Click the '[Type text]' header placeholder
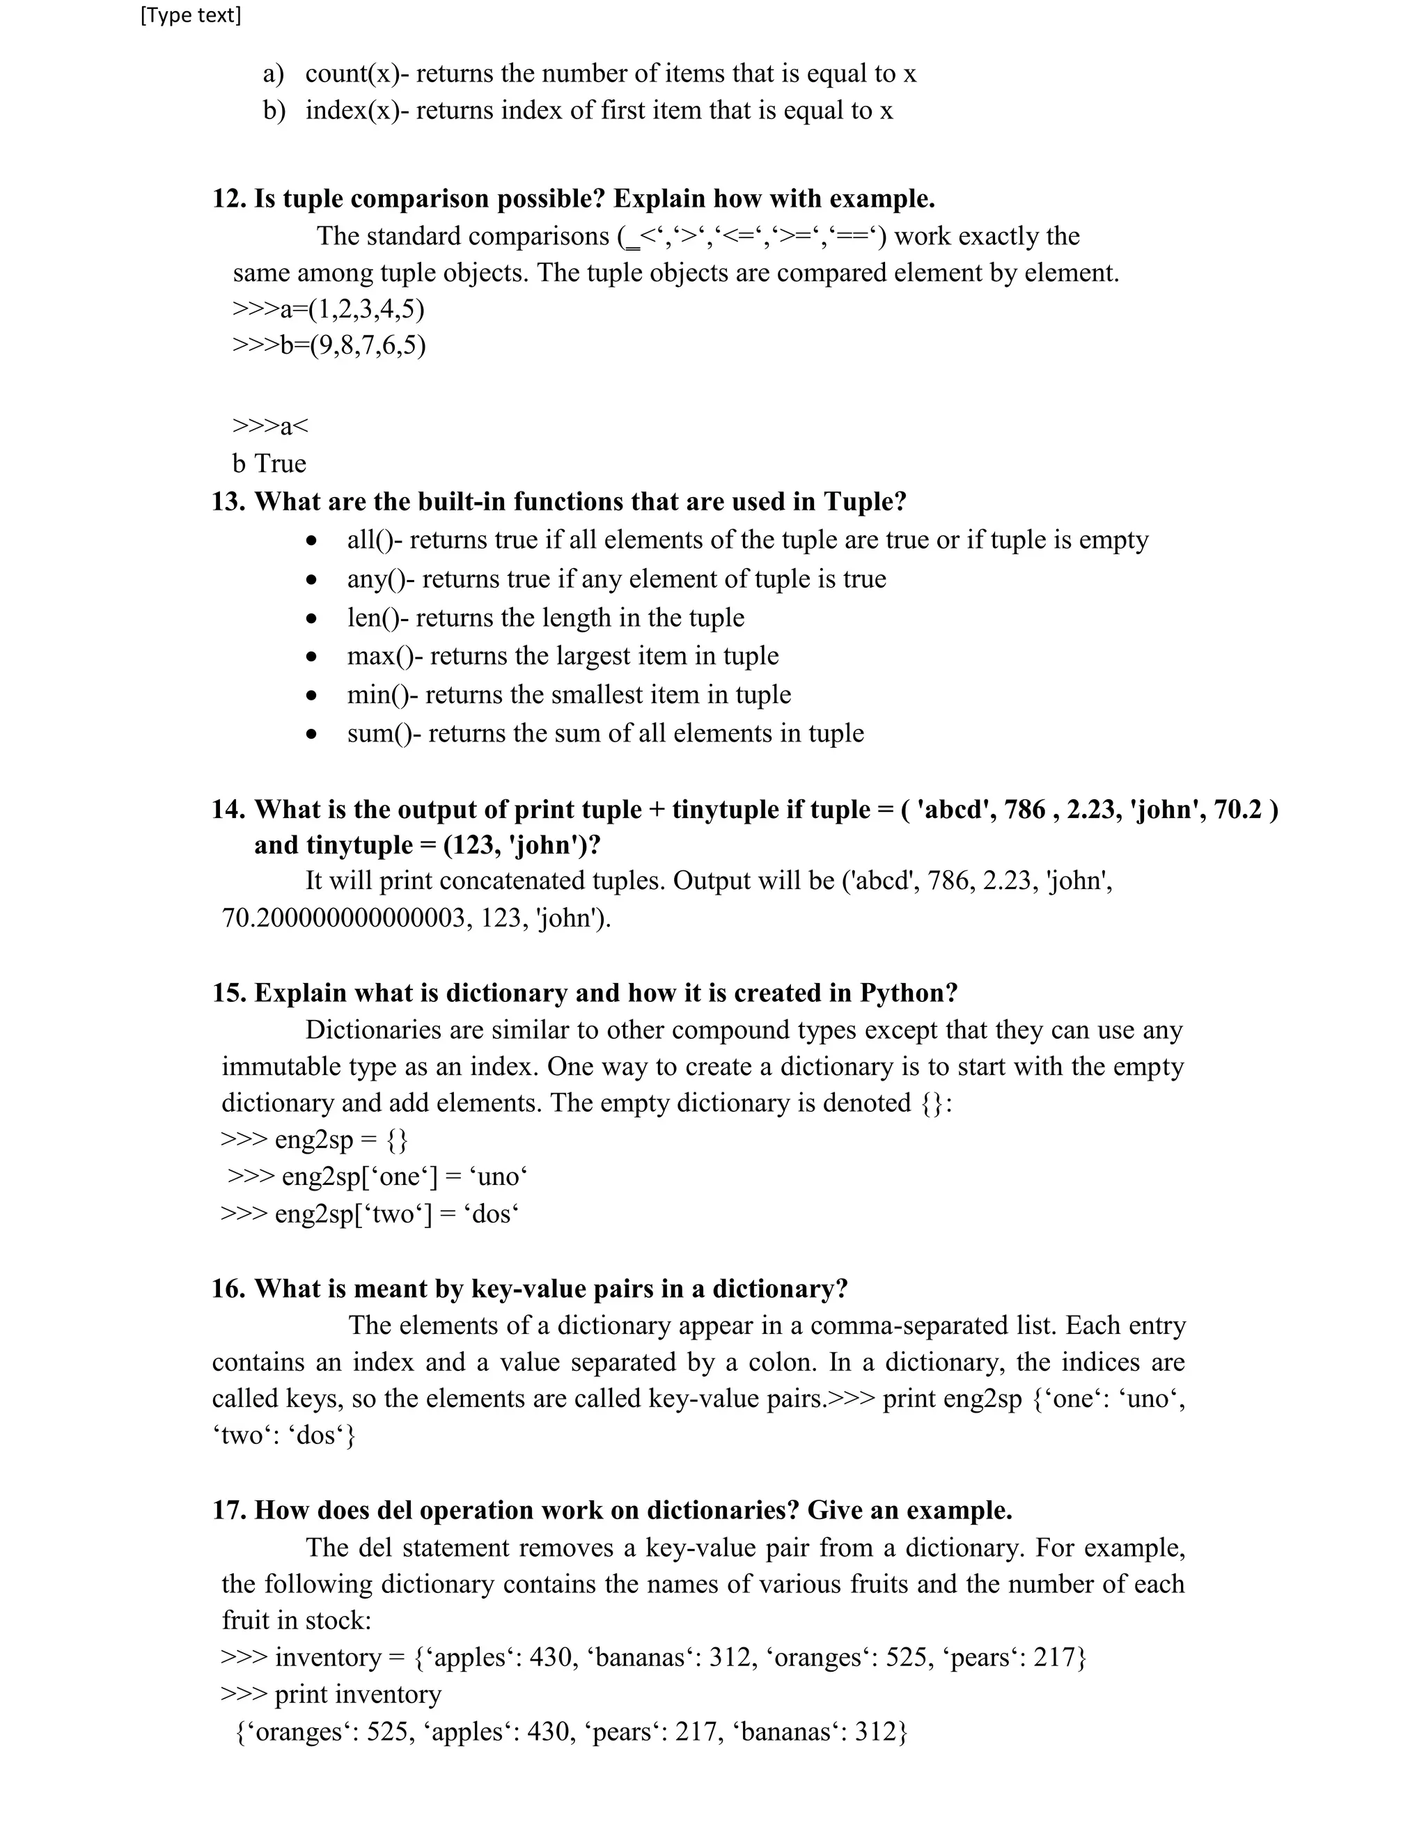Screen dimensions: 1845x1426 click(190, 15)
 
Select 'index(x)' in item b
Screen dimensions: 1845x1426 click(352, 111)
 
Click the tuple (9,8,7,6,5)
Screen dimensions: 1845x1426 click(368, 345)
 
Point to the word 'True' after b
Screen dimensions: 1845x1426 click(281, 464)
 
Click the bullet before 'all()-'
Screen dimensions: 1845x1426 click(313, 541)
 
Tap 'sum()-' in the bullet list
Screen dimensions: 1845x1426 click(384, 733)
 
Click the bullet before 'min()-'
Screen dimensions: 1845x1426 click(313, 696)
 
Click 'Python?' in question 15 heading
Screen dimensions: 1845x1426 click(909, 993)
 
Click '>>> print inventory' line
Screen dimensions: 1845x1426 click(331, 1695)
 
